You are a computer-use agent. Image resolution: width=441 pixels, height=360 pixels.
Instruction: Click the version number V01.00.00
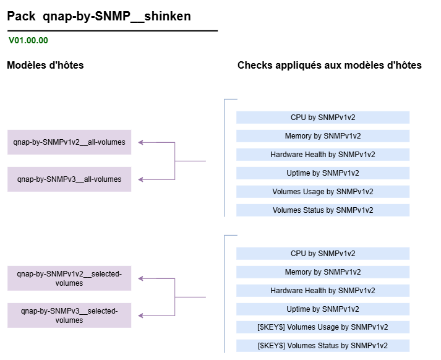point(28,40)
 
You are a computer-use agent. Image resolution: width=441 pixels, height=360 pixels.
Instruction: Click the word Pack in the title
point(21,16)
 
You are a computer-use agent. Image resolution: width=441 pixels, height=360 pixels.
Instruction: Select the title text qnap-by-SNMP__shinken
point(117,16)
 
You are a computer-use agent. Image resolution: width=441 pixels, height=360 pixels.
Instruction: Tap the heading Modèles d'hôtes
point(45,65)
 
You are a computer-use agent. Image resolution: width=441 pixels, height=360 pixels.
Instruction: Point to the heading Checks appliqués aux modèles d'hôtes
point(330,65)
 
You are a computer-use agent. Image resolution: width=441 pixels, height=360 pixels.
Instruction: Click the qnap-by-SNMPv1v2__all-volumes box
point(69,142)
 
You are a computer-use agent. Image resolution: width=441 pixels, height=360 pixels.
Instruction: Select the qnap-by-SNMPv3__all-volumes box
point(69,179)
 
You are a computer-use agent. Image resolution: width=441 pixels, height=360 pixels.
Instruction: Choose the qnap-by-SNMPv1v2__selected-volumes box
point(69,278)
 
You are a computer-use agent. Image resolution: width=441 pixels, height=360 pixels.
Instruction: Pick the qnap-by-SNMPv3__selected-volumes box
point(69,315)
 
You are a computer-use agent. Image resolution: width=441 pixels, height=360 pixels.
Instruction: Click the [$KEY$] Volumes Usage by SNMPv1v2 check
point(323,327)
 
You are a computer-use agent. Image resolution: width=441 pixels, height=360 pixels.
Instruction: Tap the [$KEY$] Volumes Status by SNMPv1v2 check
point(323,346)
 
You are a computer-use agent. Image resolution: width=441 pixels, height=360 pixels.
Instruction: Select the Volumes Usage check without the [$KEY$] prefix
point(323,192)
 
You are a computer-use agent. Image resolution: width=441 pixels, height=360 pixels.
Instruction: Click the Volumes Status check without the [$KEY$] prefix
point(323,210)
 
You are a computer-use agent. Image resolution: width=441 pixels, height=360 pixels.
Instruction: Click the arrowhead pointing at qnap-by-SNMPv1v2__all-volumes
point(140,143)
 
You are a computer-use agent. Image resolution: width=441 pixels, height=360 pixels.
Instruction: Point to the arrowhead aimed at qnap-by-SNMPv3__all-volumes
point(140,179)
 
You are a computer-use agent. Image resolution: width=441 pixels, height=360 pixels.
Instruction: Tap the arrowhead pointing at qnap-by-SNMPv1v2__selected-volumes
point(140,278)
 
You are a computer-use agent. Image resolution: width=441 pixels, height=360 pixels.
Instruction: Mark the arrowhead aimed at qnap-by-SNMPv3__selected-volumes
point(140,315)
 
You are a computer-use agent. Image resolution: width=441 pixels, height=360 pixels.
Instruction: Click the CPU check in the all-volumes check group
point(323,118)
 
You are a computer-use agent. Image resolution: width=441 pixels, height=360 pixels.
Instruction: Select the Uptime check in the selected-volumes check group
point(323,309)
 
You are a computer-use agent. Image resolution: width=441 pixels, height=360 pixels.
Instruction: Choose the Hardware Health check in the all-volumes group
point(323,155)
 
